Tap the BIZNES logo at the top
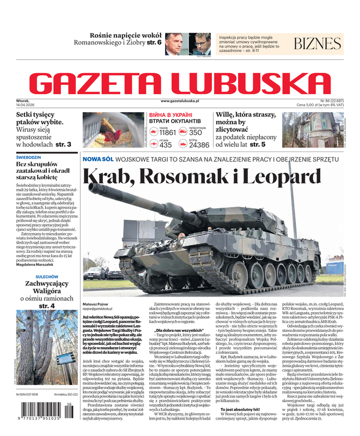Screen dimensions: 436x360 pos(318,44)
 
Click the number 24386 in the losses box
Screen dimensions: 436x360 pos(199,145)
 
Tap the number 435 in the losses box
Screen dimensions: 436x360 pos(165,145)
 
